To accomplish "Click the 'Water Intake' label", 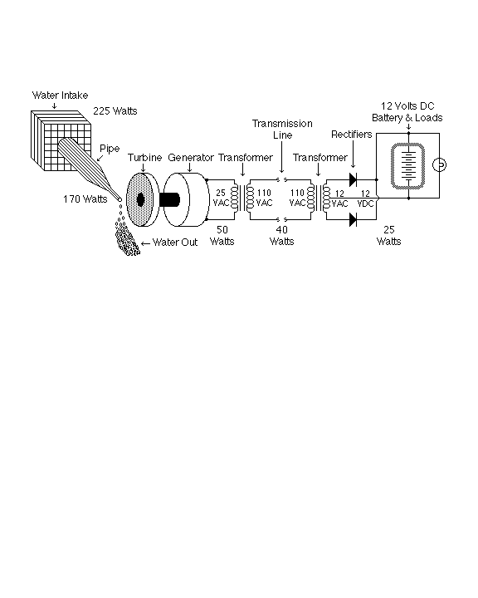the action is coord(60,96).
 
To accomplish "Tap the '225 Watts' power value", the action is coord(115,111).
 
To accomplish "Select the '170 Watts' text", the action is coord(85,199).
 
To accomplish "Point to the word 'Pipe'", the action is coord(110,149).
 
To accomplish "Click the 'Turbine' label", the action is coord(145,158).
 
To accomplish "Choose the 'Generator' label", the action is coord(191,158).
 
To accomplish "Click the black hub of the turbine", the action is coord(140,199).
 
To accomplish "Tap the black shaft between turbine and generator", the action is coord(169,199).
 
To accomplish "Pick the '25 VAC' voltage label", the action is coord(221,198).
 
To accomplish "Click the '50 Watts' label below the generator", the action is coord(222,236).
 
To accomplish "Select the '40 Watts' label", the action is coord(281,236).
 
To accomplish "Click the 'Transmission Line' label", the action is coord(282,130).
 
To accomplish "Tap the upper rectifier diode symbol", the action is coord(353,179).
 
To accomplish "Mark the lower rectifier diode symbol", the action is coord(353,219).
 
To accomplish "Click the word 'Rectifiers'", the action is coord(352,135).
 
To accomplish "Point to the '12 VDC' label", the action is coord(365,199).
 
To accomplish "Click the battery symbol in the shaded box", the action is coord(408,166).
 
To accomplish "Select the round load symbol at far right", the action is coord(440,165).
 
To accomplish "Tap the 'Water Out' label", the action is coord(175,243).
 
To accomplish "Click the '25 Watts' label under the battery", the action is coord(389,236).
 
